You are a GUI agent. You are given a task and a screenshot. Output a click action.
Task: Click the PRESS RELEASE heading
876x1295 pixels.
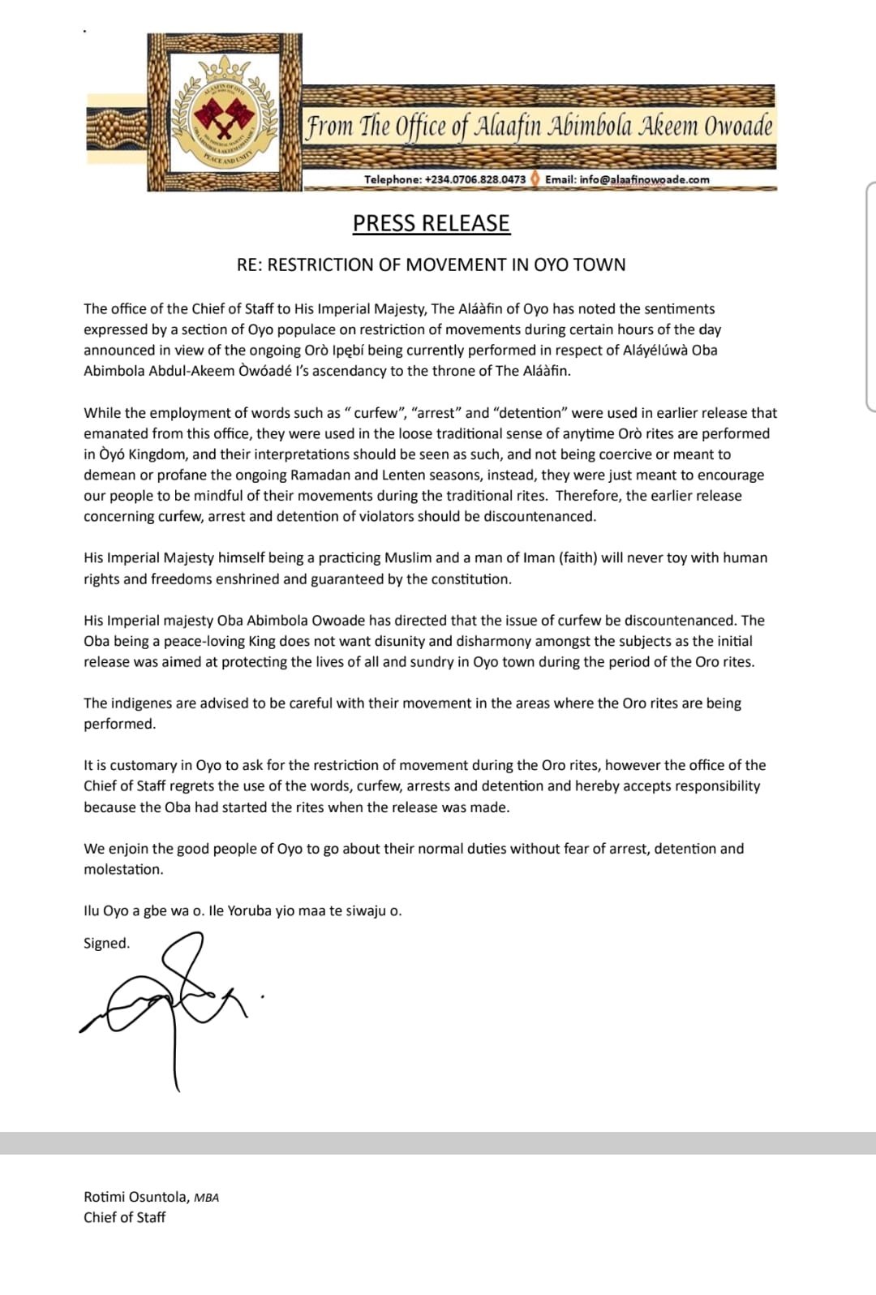tap(431, 223)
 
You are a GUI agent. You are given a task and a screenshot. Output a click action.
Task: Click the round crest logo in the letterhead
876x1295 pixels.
tap(224, 114)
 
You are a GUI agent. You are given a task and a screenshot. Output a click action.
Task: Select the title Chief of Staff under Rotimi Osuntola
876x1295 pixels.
tap(124, 1217)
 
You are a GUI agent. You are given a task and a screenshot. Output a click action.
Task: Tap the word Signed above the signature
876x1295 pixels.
tap(105, 943)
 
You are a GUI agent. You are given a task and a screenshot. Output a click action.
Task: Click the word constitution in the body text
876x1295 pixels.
tap(470, 579)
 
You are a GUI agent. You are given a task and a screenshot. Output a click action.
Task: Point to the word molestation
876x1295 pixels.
tap(122, 869)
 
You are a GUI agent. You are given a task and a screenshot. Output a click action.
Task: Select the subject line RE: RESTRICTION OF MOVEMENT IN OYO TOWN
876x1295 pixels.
tap(431, 265)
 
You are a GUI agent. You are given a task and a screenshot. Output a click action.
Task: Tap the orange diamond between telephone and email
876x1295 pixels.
tap(535, 179)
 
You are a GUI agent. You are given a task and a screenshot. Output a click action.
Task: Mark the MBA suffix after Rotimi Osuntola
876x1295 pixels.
tap(206, 1198)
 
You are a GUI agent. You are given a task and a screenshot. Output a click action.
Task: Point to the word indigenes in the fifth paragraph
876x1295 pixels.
tap(140, 703)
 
